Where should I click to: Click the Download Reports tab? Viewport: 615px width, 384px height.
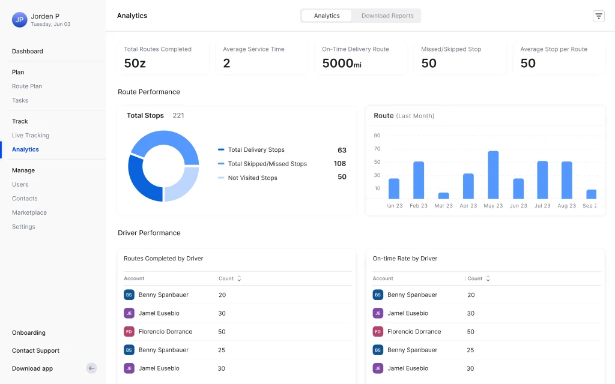coord(387,16)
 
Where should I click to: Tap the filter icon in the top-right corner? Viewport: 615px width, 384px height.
coord(599,16)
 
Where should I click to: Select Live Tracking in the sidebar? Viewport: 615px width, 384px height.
coord(31,136)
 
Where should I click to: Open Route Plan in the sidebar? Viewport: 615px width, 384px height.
coord(27,86)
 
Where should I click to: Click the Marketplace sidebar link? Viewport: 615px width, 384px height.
coord(29,213)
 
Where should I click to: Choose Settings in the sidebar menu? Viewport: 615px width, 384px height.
coord(23,227)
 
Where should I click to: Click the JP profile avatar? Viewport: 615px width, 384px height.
coord(20,20)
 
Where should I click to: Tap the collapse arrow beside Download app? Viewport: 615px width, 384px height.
coord(91,368)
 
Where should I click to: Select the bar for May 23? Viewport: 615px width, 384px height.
coord(493,175)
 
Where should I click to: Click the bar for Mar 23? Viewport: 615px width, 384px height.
coord(444,196)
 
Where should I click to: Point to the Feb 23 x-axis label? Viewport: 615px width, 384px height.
coord(419,206)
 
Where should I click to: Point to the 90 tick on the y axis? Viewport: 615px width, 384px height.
coord(377,136)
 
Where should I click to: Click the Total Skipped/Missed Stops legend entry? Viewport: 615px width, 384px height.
coord(267,164)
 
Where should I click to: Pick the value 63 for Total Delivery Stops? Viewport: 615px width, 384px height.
coord(342,150)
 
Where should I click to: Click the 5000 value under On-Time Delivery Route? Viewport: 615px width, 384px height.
coord(338,63)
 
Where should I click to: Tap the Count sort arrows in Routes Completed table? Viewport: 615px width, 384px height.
coord(239,278)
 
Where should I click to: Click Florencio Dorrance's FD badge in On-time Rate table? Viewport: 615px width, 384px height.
coord(378,332)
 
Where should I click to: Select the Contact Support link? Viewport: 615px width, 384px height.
coord(35,350)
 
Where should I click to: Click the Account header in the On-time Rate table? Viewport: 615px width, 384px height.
coord(383,278)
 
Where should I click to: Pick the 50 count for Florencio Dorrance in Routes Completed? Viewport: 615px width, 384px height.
coord(222,332)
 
